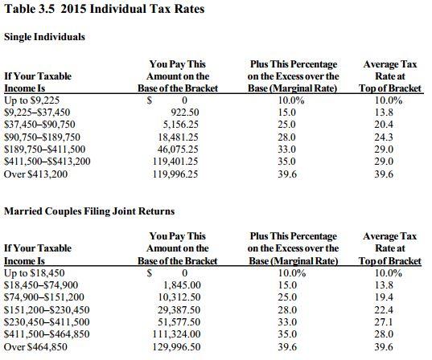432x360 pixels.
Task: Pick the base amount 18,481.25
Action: pos(181,137)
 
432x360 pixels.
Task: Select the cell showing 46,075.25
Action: pos(181,149)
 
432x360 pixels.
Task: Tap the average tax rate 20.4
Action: pos(389,125)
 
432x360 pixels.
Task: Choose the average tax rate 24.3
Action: pos(389,137)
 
